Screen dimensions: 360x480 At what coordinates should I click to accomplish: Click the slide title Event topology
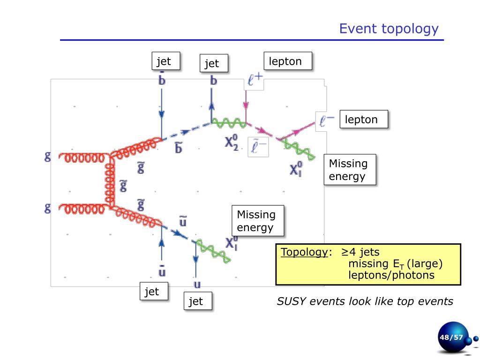coord(389,29)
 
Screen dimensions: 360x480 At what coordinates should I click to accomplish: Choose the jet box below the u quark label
coord(197,301)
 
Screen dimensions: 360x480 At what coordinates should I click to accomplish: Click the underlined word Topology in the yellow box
coord(304,252)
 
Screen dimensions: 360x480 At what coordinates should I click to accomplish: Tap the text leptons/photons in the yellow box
coord(391,275)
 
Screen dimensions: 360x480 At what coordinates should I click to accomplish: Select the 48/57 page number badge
coord(450,337)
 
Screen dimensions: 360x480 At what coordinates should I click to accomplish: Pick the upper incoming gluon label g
coord(47,157)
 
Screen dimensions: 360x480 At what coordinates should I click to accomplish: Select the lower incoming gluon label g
coord(47,208)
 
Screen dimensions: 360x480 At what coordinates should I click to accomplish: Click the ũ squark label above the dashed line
coord(183,220)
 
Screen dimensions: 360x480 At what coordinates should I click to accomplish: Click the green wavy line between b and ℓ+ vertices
coord(229,123)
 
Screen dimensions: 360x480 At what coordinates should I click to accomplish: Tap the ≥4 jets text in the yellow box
coord(360,252)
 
